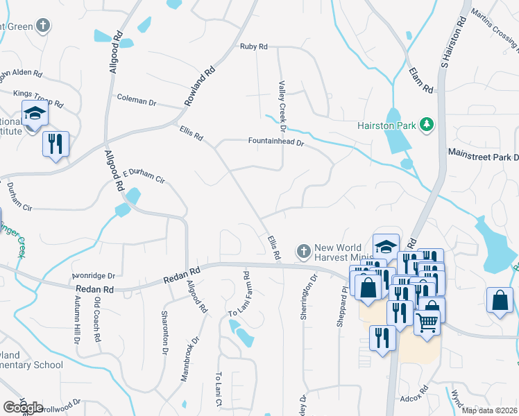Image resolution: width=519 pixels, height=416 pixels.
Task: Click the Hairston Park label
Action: [x=386, y=125]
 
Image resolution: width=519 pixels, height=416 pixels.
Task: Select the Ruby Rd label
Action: [x=253, y=46]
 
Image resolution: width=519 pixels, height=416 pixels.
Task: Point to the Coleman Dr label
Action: [x=137, y=101]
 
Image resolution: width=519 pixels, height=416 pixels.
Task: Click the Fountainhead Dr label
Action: [x=276, y=141]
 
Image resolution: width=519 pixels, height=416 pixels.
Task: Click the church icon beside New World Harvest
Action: [x=303, y=250]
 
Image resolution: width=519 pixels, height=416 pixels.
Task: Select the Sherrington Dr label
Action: [x=308, y=297]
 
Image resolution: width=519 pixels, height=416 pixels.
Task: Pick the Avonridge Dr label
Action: [x=92, y=275]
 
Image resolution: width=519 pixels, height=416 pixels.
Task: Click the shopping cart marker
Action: [x=427, y=321]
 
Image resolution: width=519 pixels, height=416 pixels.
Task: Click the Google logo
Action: [x=22, y=408]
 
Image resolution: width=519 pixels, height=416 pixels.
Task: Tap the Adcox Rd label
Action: [x=416, y=399]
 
